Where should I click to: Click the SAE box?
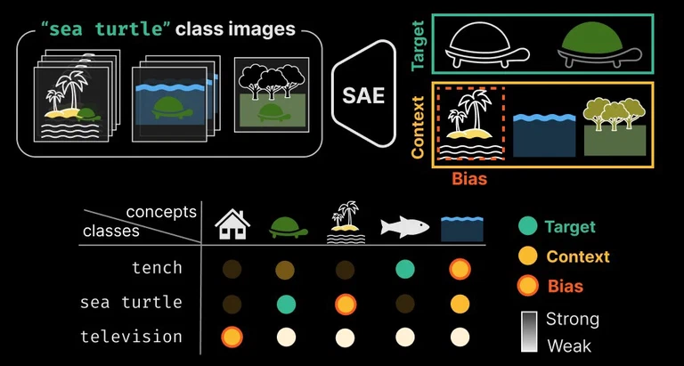[363, 94]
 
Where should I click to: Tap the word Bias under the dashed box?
[469, 178]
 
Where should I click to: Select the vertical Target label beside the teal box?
[419, 45]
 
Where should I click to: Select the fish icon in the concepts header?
[405, 227]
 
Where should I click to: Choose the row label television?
[131, 337]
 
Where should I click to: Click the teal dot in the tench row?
[404, 268]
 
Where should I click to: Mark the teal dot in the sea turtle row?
[286, 304]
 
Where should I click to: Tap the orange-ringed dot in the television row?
[232, 338]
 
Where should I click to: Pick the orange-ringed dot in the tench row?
[460, 268]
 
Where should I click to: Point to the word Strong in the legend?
[572, 319]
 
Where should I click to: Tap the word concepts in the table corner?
[161, 212]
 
